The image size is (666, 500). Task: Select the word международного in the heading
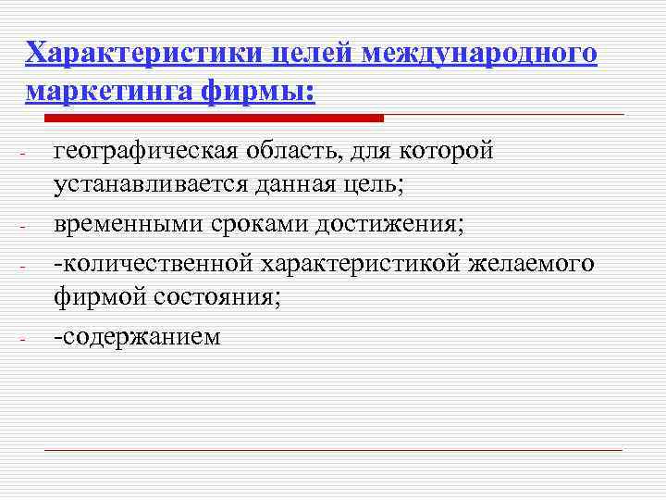tap(480, 53)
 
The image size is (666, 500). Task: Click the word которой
tap(451, 151)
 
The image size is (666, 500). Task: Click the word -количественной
tap(154, 264)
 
